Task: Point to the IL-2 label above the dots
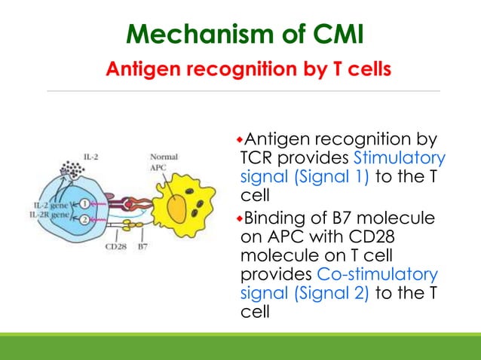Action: [x=92, y=157]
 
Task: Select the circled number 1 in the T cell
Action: [x=85, y=204]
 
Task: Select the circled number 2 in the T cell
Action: [x=85, y=219]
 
